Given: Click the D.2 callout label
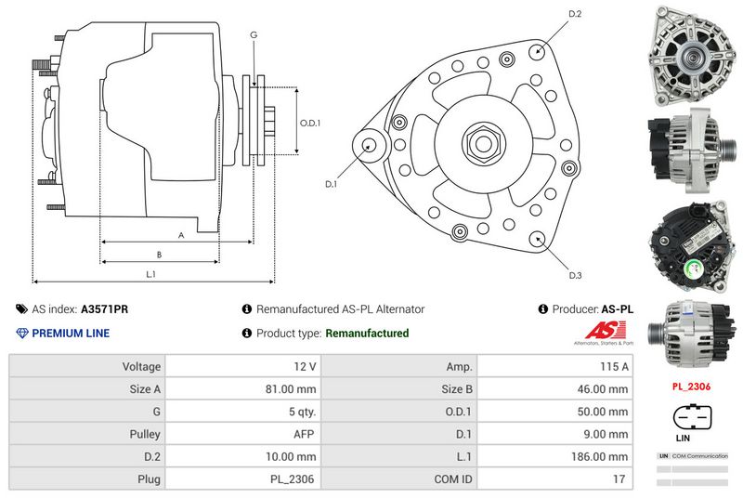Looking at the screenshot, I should tap(574, 14).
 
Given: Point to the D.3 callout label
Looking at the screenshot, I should tap(575, 275).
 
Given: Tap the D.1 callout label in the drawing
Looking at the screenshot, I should tap(331, 185).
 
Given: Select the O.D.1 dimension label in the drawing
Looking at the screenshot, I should tap(310, 123).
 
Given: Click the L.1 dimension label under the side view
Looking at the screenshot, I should tap(150, 274).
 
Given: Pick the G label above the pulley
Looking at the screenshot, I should tap(253, 34).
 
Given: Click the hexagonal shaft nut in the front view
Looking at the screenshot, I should tap(483, 143).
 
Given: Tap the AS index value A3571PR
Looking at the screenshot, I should tap(104, 309).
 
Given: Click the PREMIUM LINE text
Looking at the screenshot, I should tap(71, 333).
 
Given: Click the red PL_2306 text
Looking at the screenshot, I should tap(690, 385).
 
